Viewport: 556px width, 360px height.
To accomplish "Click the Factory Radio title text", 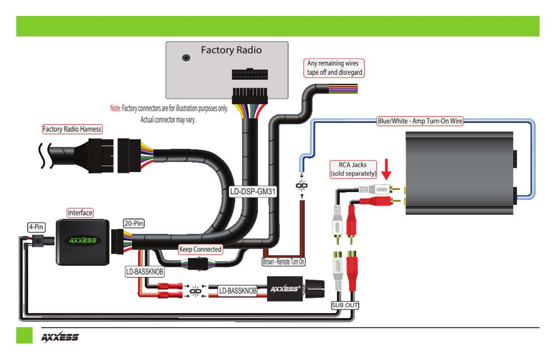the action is click(231, 50).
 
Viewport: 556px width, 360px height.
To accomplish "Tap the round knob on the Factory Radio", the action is click(186, 58).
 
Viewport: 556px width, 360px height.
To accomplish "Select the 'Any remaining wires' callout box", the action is click(334, 68).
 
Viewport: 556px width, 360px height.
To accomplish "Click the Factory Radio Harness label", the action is click(72, 129).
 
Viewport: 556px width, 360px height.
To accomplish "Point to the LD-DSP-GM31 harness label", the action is click(253, 191).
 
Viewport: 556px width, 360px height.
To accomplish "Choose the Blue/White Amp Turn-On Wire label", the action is click(420, 121).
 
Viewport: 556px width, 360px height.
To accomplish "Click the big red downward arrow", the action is click(386, 169).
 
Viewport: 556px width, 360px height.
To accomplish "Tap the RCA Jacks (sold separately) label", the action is click(353, 169).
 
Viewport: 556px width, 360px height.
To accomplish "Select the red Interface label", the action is click(80, 213).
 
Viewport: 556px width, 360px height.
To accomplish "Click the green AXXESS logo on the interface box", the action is click(83, 240).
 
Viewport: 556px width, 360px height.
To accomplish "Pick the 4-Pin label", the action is click(36, 227).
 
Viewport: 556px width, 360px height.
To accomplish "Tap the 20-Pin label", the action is click(134, 223).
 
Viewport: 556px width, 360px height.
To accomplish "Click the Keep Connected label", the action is click(200, 249).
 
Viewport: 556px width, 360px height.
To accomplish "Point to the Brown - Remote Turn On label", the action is click(284, 262).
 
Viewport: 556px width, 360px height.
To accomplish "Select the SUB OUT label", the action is click(345, 305).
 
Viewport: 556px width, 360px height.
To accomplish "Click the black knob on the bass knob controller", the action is click(314, 289).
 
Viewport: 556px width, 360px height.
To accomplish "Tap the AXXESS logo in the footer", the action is click(60, 337).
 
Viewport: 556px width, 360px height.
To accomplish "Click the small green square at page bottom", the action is click(24, 335).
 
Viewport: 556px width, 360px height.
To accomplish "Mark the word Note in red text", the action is click(115, 108).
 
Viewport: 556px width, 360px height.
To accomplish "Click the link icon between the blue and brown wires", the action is click(302, 186).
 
